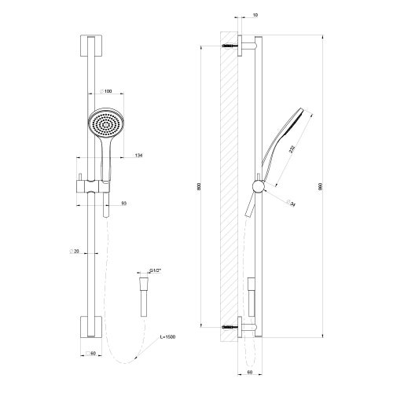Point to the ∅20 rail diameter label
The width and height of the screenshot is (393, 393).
75,251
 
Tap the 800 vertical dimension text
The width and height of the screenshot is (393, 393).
204,189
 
